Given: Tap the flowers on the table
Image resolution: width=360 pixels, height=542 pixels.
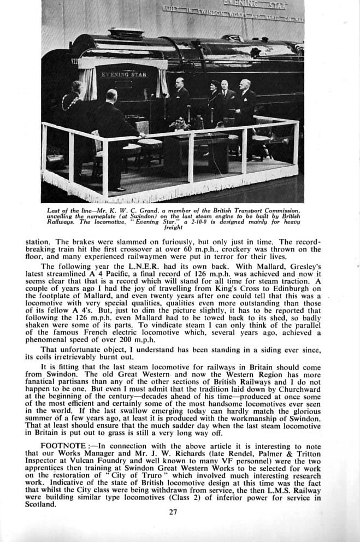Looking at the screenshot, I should tap(179, 125).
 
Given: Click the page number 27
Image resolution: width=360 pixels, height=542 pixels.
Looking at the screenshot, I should tap(173, 512).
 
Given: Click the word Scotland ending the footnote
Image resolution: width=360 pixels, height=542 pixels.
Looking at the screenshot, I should tap(40, 504).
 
